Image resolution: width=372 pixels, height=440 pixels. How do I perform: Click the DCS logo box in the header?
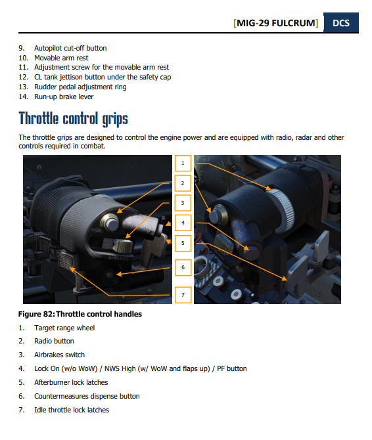[341, 22]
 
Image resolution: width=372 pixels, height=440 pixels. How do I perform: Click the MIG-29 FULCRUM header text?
[275, 23]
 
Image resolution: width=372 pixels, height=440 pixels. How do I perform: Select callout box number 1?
[183, 163]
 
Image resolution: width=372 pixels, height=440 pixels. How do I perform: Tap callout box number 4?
[183, 223]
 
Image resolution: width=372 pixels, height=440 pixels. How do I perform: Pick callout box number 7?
[183, 295]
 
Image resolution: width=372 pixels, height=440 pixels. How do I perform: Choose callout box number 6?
[183, 267]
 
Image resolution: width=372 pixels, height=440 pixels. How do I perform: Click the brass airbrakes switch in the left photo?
[123, 246]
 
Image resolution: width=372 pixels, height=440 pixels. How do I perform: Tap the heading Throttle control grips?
[73, 119]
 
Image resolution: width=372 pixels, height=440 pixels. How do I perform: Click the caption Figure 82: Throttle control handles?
[80, 314]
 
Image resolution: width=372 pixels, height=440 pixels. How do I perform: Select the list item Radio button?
[54, 341]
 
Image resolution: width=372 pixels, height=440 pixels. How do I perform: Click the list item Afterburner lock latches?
[71, 382]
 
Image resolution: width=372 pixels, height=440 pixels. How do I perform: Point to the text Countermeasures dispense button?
[87, 396]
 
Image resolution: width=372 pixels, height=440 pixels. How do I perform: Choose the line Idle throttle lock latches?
[72, 410]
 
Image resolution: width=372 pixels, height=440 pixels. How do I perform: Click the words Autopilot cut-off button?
[70, 48]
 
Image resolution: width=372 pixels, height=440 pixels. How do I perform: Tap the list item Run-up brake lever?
[64, 97]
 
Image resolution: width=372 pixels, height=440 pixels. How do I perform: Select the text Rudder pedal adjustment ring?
[80, 87]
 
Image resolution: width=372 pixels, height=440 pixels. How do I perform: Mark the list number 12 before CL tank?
[23, 77]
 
